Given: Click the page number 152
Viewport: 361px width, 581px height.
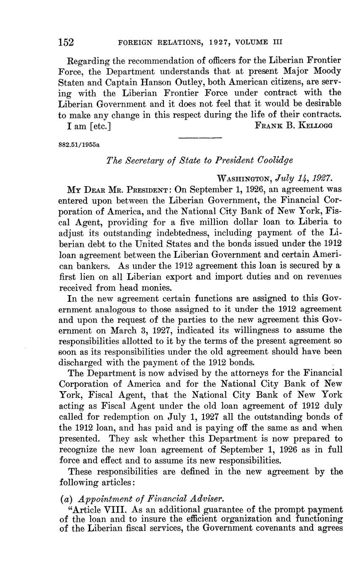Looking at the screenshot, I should pos(66,42).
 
